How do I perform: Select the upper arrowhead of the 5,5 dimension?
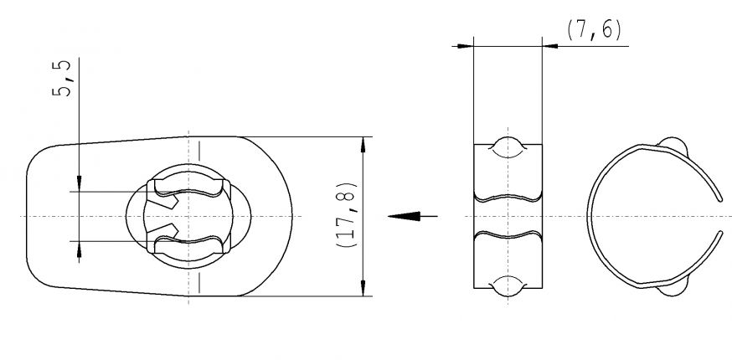(x=79, y=184)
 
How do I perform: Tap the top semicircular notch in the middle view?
(x=508, y=146)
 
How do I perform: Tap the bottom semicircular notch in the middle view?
(x=508, y=285)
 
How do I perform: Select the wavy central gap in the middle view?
(x=508, y=216)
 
